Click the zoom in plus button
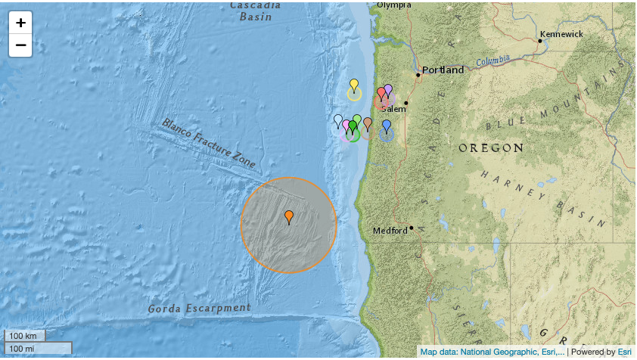tap(20, 23)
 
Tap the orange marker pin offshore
tap(289, 218)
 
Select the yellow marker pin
tap(353, 85)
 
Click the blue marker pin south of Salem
tap(387, 126)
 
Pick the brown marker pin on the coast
tap(368, 123)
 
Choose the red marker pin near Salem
tap(381, 93)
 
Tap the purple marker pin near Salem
tap(388, 90)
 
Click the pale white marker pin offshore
tap(338, 120)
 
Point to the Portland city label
tap(443, 70)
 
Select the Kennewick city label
tap(561, 34)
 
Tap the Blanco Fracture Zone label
tap(207, 142)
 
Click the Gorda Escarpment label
tap(198, 309)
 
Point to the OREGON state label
tap(491, 147)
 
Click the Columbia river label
tap(494, 61)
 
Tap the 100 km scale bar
tap(25, 335)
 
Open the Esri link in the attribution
tap(624, 352)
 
